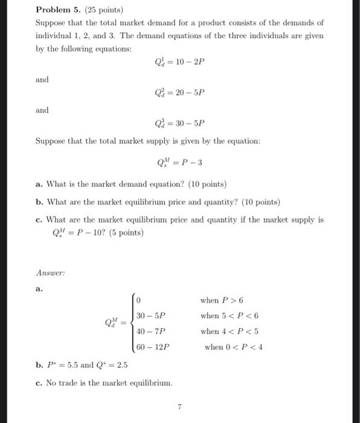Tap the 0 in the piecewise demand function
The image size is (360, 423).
pyautogui.click(x=138, y=300)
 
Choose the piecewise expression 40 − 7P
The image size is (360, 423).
pyautogui.click(x=151, y=331)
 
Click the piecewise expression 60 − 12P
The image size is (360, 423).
pyautogui.click(x=153, y=347)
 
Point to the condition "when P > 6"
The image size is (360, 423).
pyautogui.click(x=221, y=300)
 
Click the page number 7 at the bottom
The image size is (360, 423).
pyautogui.click(x=179, y=407)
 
